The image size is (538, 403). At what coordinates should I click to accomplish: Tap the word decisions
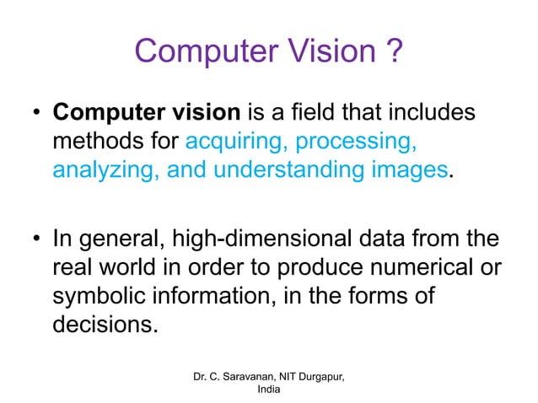(105, 324)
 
